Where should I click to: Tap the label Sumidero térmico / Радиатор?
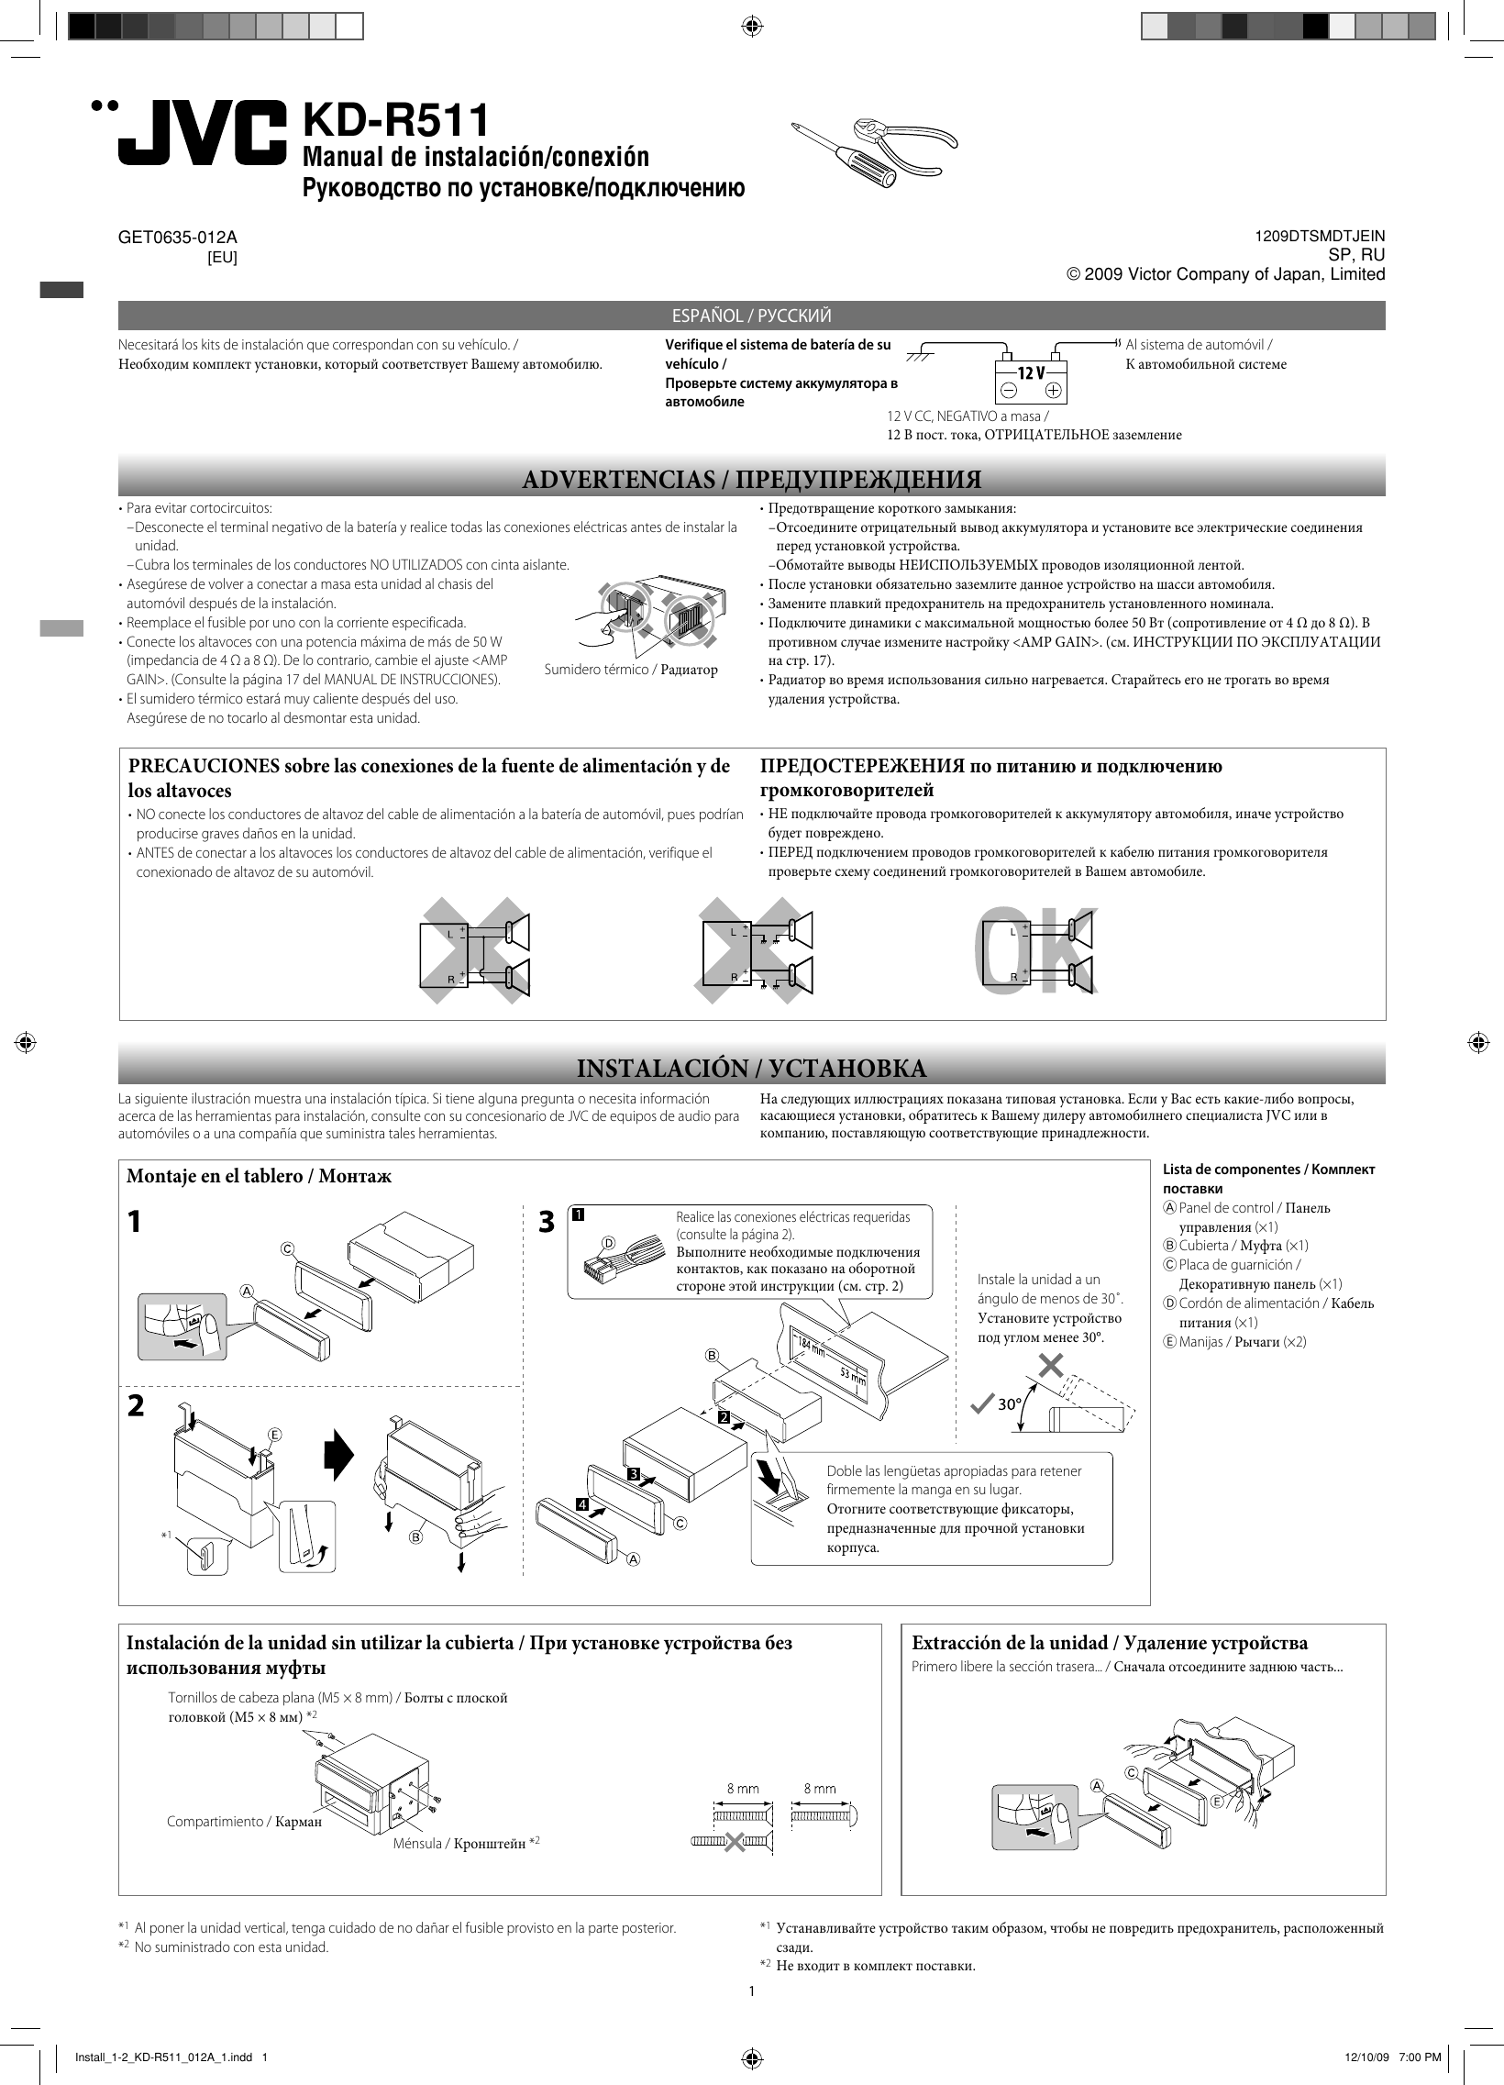point(631,670)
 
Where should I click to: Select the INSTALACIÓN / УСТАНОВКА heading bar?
point(751,1069)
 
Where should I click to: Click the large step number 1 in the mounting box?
point(134,1222)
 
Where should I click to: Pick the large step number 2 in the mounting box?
point(135,1405)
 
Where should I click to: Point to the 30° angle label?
point(1010,1404)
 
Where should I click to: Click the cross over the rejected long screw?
point(734,1841)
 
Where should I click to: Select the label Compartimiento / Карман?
point(244,1821)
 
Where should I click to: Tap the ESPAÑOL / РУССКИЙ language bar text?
point(751,316)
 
